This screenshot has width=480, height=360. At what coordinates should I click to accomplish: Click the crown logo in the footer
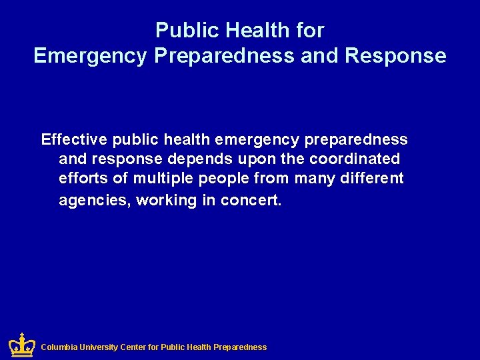(21, 345)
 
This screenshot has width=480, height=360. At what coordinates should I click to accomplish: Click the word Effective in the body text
(74, 139)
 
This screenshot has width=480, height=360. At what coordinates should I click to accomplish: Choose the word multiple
(161, 179)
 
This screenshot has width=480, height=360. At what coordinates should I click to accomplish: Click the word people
(221, 179)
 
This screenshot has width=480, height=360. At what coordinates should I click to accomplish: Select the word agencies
(93, 200)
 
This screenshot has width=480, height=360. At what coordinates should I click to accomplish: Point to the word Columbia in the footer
(59, 347)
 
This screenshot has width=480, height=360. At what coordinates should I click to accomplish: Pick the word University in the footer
(99, 347)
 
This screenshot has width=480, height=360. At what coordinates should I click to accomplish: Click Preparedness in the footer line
(240, 347)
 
